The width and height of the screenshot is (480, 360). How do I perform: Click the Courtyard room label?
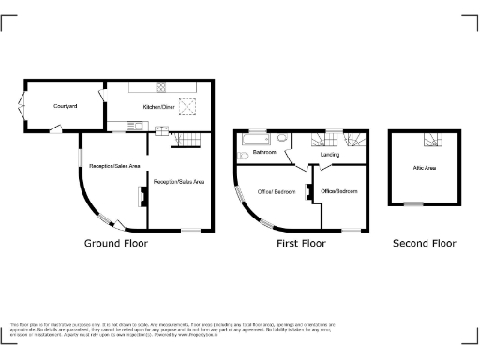pyautogui.click(x=65, y=107)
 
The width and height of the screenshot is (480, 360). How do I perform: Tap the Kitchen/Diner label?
pyautogui.click(x=158, y=108)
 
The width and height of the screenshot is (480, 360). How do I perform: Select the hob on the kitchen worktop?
pyautogui.click(x=159, y=88)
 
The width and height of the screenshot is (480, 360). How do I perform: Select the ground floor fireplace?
pyautogui.click(x=142, y=195)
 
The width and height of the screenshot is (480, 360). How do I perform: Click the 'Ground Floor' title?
pyautogui.click(x=116, y=243)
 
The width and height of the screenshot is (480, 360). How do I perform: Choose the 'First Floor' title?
pyautogui.click(x=300, y=243)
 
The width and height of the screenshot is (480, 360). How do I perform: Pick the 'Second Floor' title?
pyautogui.click(x=424, y=243)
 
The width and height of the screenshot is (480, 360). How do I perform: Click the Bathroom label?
pyautogui.click(x=263, y=151)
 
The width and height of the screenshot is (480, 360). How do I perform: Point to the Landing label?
pyautogui.click(x=329, y=155)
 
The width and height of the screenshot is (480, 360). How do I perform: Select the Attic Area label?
pyautogui.click(x=425, y=168)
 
